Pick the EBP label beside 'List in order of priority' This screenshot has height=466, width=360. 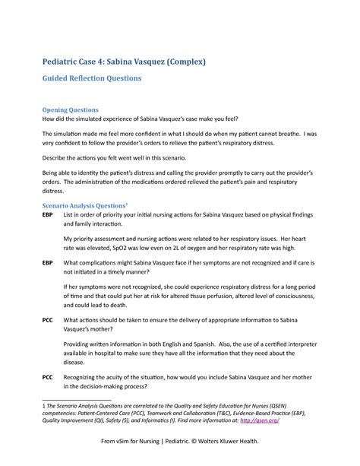coord(48,216)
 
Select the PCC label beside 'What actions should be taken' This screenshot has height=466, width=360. coord(48,319)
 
